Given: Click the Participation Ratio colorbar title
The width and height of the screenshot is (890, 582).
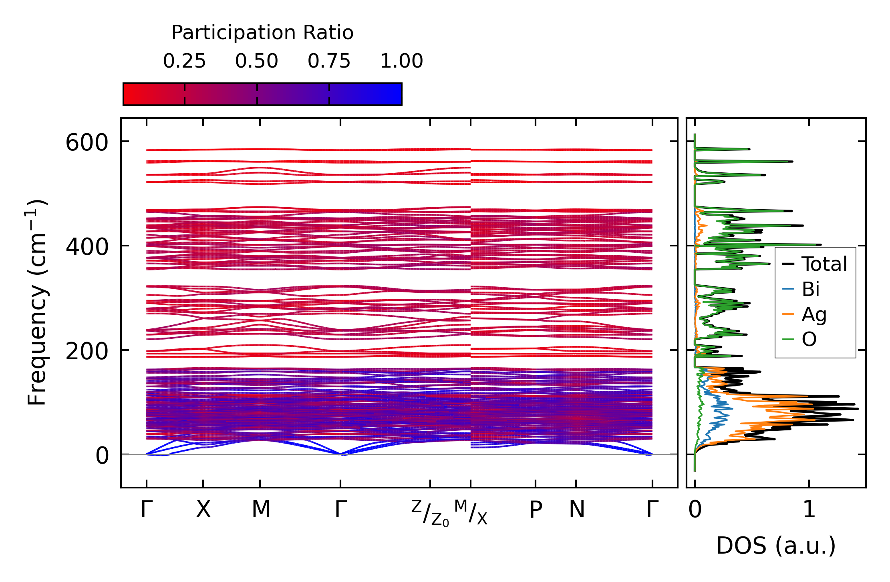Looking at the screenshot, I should pos(262,33).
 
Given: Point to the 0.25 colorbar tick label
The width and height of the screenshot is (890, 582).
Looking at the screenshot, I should pos(184,61).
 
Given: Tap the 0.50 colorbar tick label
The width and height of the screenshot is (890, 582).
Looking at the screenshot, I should pos(257,61).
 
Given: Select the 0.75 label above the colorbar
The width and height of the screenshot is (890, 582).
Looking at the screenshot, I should pos(329,61).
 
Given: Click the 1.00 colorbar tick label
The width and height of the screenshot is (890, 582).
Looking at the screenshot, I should pos(401,61).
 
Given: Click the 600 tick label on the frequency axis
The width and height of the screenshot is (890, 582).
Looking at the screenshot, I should pos(87,143).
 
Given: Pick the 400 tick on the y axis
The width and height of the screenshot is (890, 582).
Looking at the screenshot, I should pos(87,247).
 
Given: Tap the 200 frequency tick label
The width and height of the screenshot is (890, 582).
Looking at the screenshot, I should pos(87,352).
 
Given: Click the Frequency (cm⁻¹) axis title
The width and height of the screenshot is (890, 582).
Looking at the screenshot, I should pos(37,302).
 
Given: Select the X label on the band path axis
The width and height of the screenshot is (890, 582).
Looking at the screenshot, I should pos(203,510).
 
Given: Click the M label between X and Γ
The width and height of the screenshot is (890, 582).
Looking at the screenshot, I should pos(261,510).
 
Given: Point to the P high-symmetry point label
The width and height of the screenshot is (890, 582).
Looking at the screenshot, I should pos(536,510).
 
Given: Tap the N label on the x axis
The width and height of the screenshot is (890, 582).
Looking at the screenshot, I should pos(577,510).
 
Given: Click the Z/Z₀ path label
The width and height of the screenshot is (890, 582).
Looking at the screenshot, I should pos(430,513).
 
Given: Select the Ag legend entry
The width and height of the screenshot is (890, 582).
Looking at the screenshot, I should pos(813,314).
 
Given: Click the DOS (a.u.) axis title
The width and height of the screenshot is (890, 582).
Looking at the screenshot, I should pos(776,546).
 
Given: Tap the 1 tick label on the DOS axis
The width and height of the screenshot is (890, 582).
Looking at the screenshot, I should pos(809,510).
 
